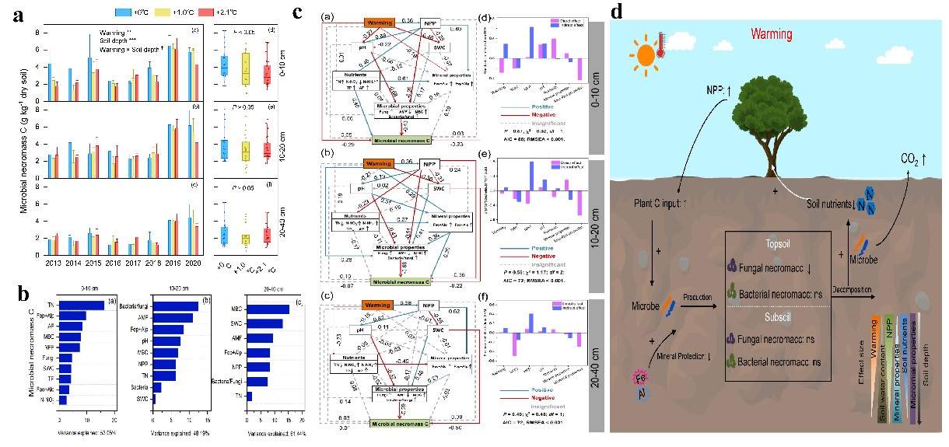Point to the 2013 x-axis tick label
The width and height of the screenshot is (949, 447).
point(53,264)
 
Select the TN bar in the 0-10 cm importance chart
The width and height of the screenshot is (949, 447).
point(82,306)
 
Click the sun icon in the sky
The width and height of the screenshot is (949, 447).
point(646,56)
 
